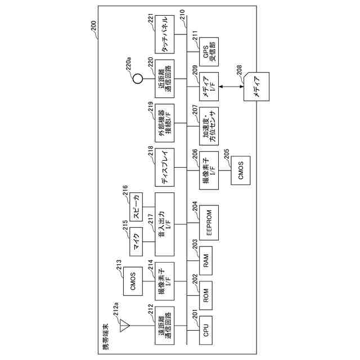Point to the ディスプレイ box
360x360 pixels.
coord(166,167)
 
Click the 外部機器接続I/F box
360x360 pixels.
coord(166,121)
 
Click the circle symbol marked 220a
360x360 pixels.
coord(136,79)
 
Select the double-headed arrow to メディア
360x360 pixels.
coord(231,87)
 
